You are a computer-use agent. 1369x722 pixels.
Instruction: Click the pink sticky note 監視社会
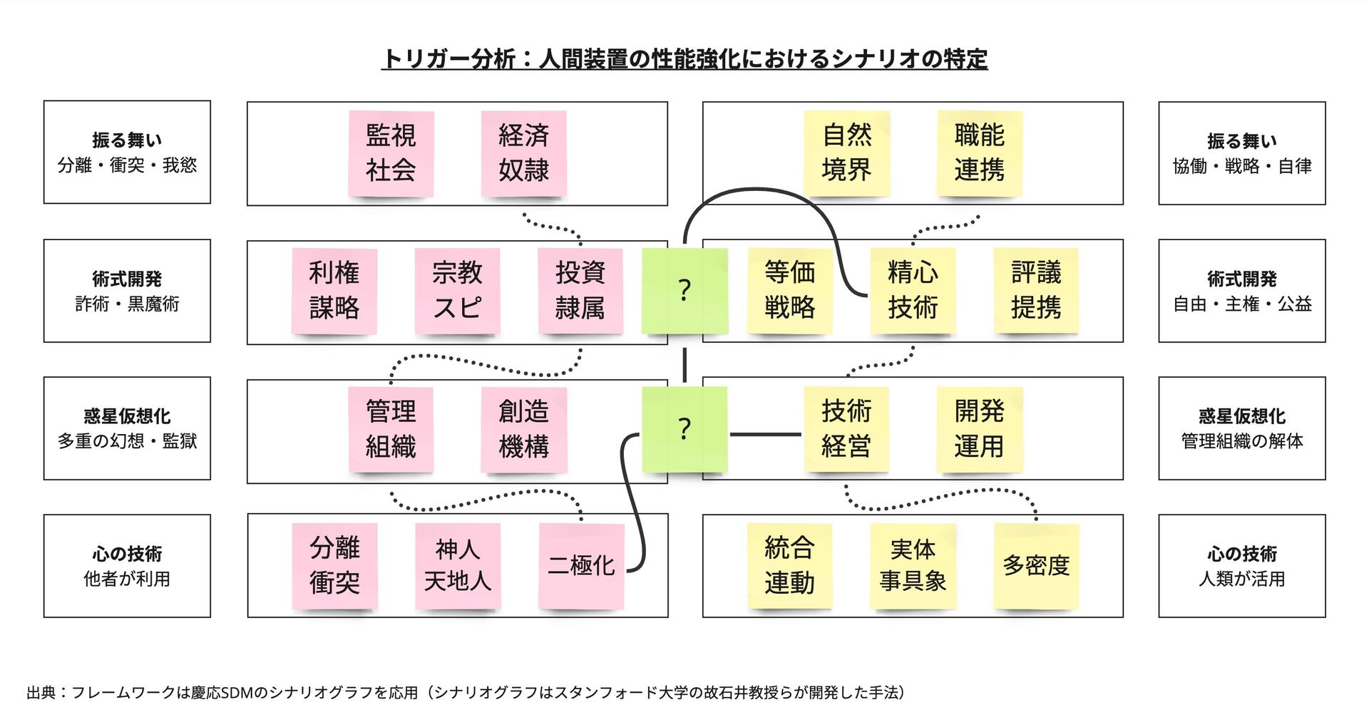tap(391, 153)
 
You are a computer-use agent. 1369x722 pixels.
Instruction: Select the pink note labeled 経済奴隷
tap(523, 153)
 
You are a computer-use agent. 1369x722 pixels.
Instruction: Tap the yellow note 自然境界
tap(846, 153)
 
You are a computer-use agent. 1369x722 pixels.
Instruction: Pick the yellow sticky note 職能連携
tap(979, 153)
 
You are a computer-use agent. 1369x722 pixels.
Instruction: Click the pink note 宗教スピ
tap(457, 290)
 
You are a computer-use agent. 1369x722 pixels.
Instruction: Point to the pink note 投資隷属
tap(580, 290)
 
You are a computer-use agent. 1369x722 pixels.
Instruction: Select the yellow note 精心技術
tap(913, 290)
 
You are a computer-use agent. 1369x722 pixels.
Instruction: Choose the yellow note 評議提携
tap(1036, 290)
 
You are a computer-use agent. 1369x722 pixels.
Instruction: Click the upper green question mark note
tap(684, 290)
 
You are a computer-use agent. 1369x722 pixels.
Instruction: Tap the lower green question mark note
tap(684, 428)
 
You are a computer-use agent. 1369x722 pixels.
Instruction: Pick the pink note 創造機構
tap(523, 428)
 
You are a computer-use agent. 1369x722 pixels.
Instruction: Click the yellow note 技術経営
tap(846, 428)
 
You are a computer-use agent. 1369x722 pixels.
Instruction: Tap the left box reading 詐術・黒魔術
tap(127, 291)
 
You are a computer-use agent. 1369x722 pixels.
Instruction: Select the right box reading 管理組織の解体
tap(1241, 428)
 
